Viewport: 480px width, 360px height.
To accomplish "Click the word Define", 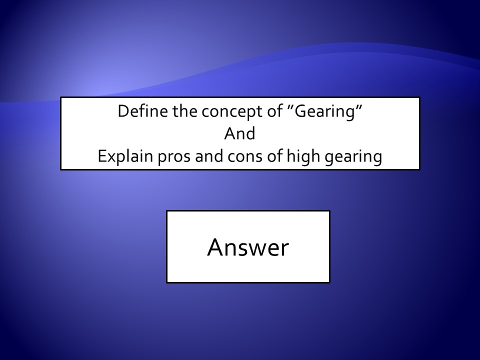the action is pos(143,111).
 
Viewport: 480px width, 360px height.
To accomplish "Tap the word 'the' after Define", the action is pos(185,111).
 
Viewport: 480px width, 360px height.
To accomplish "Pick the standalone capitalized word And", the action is pos(239,134).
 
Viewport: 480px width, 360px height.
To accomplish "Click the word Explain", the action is pos(125,156).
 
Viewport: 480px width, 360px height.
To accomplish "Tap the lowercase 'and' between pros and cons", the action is pos(209,156).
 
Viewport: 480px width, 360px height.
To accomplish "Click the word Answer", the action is pos(248,247).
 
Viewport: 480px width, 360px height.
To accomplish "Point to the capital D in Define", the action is pos(124,111).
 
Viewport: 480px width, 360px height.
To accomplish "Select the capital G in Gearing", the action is pos(300,111).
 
